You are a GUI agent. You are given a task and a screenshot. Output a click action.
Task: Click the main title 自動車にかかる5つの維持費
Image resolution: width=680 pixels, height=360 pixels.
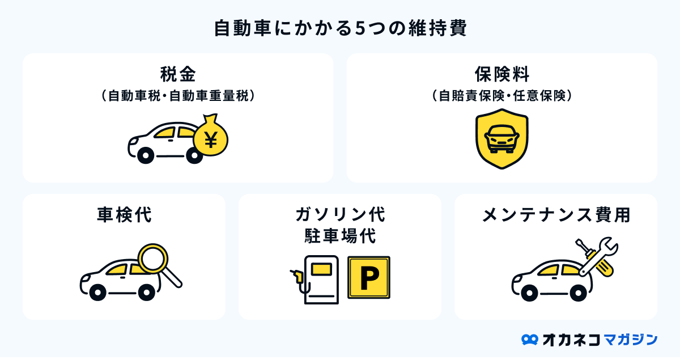(x=340, y=28)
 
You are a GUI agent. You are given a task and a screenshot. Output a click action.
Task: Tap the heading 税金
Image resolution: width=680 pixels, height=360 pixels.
(x=178, y=74)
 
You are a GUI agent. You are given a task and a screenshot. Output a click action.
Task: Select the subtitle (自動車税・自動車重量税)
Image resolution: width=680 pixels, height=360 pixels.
(x=178, y=95)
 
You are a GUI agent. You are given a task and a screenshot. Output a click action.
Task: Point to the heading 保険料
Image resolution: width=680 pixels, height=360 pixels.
(x=502, y=74)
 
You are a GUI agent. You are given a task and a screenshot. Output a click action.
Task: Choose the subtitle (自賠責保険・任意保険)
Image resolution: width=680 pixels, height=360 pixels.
(x=502, y=95)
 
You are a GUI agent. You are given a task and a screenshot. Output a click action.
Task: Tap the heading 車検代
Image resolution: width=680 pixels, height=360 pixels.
(x=124, y=215)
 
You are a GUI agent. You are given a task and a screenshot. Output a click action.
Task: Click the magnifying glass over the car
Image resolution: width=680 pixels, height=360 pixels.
(x=155, y=260)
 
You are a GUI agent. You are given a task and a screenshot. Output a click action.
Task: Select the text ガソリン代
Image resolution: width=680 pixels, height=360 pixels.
(x=340, y=214)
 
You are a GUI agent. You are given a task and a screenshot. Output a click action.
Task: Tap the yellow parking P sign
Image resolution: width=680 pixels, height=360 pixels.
(x=369, y=277)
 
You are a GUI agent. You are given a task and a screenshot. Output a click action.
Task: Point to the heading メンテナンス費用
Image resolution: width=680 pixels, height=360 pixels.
(x=556, y=215)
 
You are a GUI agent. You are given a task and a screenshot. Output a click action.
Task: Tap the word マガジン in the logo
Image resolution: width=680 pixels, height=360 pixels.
(x=630, y=339)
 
